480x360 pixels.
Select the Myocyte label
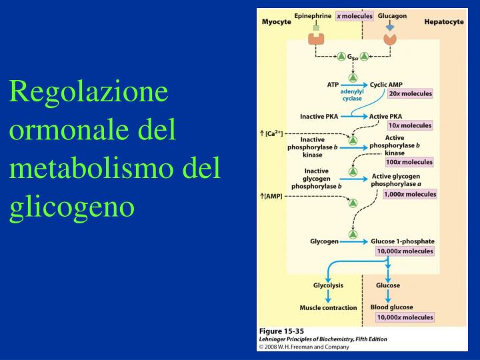276,21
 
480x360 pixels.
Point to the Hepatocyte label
444,21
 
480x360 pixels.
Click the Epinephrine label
313,15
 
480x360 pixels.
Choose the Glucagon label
392,15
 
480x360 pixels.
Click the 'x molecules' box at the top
354,15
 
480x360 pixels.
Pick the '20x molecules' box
410,93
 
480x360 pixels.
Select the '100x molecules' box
408,162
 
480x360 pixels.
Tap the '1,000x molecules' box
410,194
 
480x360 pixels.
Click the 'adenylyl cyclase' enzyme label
352,95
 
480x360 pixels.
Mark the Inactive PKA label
319,116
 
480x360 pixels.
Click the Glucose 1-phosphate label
402,241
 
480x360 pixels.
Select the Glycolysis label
328,285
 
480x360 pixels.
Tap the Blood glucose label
391,307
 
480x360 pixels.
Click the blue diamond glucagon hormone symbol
390,27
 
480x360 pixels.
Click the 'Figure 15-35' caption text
282,331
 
